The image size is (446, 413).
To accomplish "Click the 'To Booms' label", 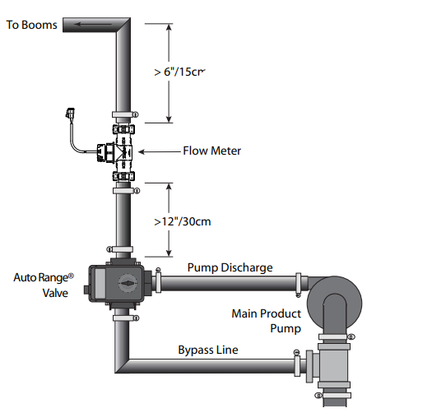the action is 31,25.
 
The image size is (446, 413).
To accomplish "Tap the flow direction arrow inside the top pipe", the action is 93,24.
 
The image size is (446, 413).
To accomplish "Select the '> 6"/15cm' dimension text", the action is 179,72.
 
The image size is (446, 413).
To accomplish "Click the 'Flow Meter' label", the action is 212,151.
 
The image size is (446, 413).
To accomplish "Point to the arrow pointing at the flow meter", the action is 160,152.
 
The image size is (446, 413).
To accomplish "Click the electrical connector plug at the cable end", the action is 70,113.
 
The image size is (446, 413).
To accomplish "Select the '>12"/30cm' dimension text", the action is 183,221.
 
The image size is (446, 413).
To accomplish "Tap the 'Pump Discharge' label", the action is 230,267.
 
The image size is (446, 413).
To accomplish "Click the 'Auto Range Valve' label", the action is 44,285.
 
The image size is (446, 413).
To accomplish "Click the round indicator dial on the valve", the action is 128,283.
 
